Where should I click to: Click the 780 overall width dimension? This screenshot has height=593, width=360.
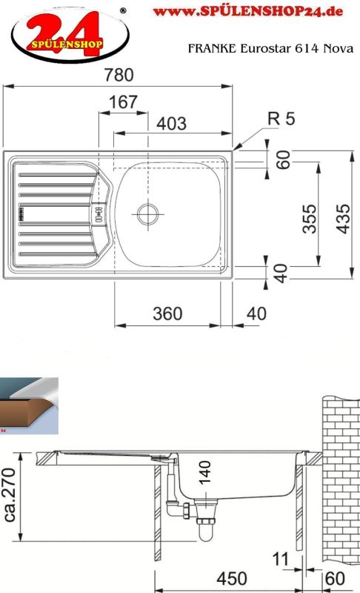point(119,75)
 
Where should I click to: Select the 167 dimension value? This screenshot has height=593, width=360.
point(123,102)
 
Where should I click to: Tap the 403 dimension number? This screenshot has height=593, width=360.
point(172,124)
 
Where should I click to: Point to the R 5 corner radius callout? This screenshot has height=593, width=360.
point(281,119)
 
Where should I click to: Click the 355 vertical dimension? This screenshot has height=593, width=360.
point(310,219)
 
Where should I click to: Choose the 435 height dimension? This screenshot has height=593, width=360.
point(343,219)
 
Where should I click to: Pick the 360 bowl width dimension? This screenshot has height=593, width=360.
point(167,314)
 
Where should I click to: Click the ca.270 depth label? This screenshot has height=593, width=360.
point(10,494)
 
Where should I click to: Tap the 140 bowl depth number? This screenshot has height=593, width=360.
point(204,472)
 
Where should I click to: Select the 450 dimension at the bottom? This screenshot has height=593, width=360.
point(232,579)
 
